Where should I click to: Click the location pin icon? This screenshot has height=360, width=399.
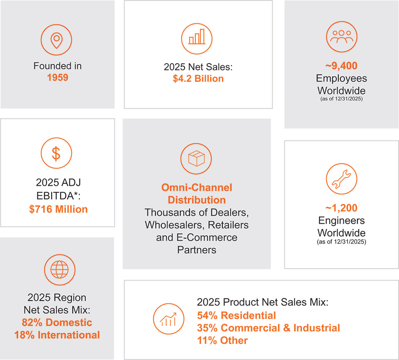point(57,40)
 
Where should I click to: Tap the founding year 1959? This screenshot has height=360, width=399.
point(57,77)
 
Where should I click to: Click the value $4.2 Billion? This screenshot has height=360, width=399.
point(198,79)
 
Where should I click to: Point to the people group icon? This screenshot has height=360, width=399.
point(342,37)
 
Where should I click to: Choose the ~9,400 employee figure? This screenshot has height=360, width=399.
point(342,66)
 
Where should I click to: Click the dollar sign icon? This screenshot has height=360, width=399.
point(57,153)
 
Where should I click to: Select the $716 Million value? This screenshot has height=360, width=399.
point(58,209)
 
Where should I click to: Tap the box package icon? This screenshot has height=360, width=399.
point(196,159)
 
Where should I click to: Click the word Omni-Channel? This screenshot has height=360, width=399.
point(197,187)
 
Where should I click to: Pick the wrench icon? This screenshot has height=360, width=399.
point(342,179)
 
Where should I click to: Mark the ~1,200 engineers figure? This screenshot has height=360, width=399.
point(342,208)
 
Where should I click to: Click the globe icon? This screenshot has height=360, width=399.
point(59,270)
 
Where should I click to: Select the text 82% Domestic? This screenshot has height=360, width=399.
point(57,323)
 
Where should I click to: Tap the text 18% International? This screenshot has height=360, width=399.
point(57,335)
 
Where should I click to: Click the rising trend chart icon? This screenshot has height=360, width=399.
point(168,319)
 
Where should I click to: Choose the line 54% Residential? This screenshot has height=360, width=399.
point(236,316)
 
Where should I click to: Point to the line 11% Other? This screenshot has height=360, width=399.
point(222,340)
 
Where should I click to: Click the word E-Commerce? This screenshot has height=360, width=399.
point(207,237)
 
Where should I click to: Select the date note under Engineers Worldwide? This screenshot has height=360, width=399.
point(342,242)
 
